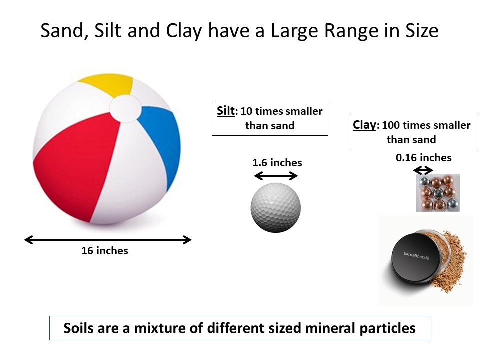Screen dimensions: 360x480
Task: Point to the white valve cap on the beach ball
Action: [x=123, y=108]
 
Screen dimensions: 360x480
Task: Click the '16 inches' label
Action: [x=105, y=251]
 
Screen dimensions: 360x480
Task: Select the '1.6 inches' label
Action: [x=277, y=163]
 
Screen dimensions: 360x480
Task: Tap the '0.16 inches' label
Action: [x=423, y=158]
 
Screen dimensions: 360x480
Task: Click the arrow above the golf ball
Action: [x=276, y=175]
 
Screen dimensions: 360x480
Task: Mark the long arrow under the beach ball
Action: [x=108, y=240]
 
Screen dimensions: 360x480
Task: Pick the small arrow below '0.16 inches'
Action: [x=423, y=170]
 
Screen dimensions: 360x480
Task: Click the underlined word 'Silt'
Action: [x=225, y=111]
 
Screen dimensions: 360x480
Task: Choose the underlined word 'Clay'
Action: [x=364, y=125]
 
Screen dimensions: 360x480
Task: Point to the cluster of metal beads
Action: [x=437, y=193]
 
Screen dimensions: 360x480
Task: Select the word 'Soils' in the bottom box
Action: [x=81, y=328]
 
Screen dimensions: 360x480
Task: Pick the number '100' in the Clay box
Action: [x=391, y=125]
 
